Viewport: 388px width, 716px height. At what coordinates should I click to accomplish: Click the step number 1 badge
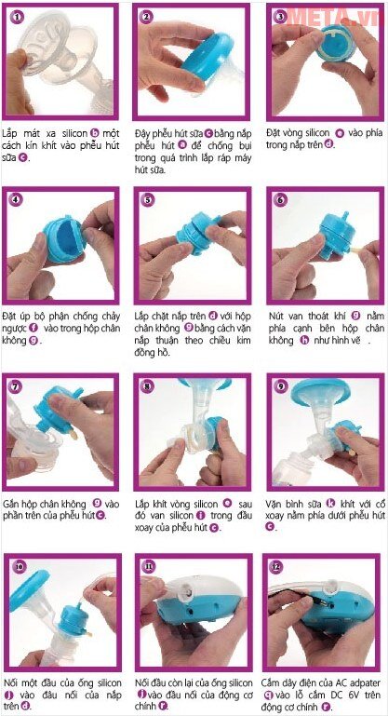click(14, 17)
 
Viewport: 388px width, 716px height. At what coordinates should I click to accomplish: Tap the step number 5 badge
click(147, 200)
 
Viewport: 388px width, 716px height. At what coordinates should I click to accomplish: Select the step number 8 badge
click(147, 385)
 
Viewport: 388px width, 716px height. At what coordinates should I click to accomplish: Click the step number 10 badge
click(14, 567)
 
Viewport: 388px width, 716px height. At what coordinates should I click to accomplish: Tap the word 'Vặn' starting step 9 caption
click(277, 503)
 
